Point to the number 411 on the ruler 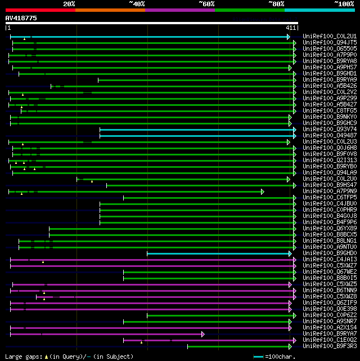coord(291,28)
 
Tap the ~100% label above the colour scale coord(344,4)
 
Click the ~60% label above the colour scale coord(206,4)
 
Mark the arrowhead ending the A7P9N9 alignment coord(262,191)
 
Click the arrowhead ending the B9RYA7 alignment coord(202,334)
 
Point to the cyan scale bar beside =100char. coord(259,356)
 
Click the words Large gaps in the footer coord(22,356)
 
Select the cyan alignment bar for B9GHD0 coord(219,253)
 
